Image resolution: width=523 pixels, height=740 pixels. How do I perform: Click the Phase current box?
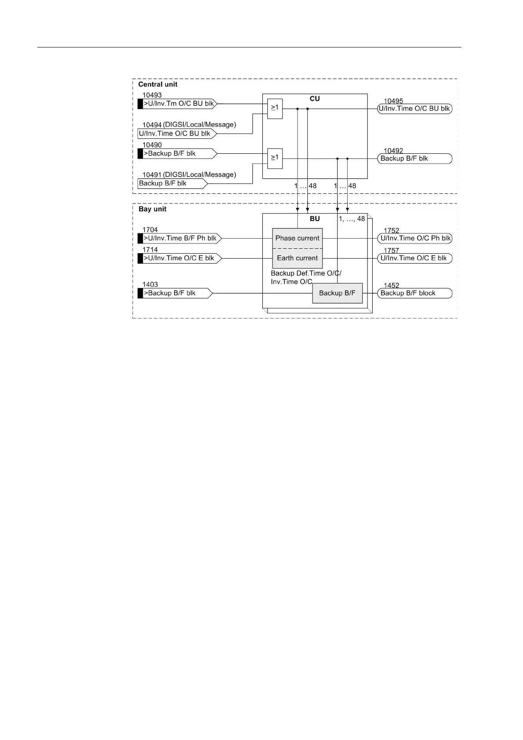click(x=297, y=238)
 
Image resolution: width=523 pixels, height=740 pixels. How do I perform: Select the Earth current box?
click(x=297, y=258)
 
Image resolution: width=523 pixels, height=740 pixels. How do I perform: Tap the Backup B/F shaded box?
click(x=337, y=293)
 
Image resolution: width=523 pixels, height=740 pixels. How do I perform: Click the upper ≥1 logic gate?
click(x=275, y=109)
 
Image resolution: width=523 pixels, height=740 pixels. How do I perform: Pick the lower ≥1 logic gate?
click(x=275, y=158)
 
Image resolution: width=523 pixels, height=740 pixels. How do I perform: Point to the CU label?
click(x=315, y=99)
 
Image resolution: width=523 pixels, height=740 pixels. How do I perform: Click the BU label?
click(x=315, y=219)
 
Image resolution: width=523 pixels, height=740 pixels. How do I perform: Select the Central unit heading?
click(x=158, y=84)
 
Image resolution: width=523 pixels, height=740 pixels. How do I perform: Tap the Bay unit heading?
click(x=153, y=209)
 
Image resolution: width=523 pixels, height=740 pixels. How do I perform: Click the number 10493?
click(x=152, y=95)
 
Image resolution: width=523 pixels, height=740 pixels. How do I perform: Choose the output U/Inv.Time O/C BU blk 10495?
click(x=415, y=109)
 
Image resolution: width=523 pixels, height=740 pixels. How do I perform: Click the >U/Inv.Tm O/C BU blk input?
click(x=178, y=104)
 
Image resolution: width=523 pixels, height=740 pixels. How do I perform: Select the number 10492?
click(x=393, y=151)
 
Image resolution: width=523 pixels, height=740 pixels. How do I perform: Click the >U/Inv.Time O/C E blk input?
click(x=179, y=258)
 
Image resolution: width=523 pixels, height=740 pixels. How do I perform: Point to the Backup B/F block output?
click(x=415, y=293)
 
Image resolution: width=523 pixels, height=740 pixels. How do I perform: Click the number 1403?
click(x=150, y=285)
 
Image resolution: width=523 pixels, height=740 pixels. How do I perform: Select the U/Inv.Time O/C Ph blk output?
click(x=415, y=238)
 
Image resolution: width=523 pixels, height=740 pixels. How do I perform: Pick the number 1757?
click(x=392, y=251)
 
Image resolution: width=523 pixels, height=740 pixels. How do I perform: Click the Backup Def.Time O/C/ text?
click(x=306, y=273)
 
